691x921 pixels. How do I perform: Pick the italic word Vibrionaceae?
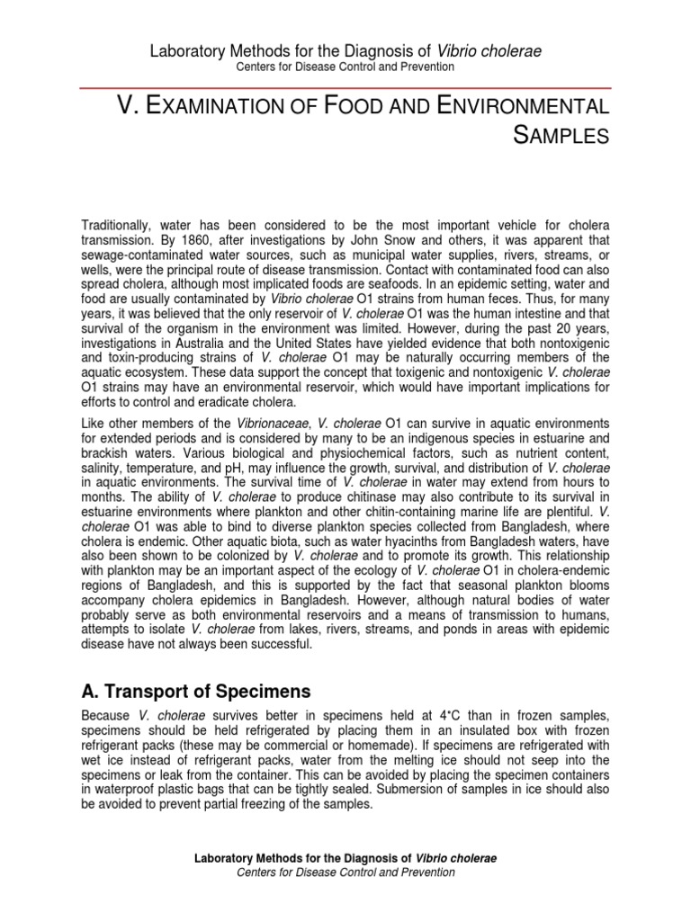tap(274, 423)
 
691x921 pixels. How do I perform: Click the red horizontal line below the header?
tap(345, 87)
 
